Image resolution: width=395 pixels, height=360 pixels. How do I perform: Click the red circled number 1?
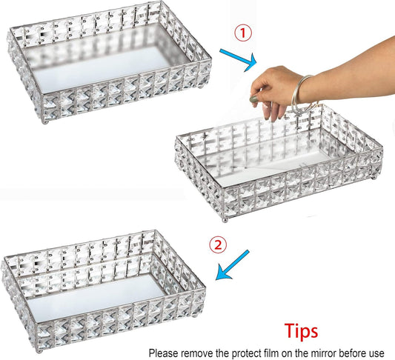pos(243,33)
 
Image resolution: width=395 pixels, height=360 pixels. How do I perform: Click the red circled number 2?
pos(218,244)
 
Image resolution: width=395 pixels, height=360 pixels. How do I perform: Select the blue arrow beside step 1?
pos(238,60)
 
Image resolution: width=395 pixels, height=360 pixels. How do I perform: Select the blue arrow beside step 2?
pos(232,265)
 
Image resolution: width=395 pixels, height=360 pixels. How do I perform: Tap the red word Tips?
pos(301,331)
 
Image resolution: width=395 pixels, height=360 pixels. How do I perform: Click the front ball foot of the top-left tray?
pos(45,122)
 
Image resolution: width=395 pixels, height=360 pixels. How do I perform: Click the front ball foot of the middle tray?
pos(225,221)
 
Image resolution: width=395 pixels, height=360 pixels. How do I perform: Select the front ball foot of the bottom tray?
pos(39,351)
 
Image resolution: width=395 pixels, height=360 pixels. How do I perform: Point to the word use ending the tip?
pos(376,353)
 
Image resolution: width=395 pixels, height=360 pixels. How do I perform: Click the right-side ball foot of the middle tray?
pos(374,178)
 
